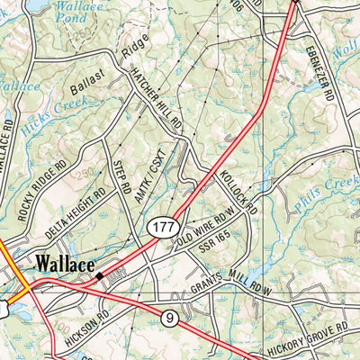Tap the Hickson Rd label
click(91, 320)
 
